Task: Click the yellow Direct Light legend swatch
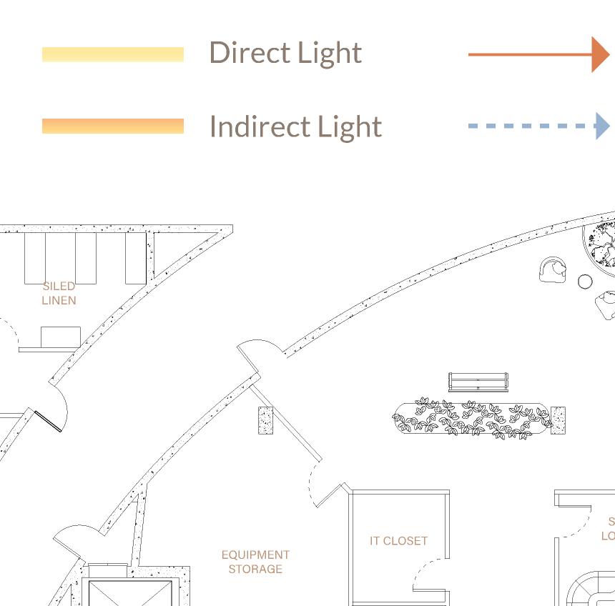(x=113, y=54)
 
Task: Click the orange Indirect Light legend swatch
(x=113, y=126)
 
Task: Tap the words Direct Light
(x=285, y=53)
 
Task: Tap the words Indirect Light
(x=295, y=126)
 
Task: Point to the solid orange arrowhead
(x=600, y=54)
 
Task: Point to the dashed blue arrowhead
(x=602, y=126)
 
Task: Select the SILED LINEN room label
(x=59, y=293)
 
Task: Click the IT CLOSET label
(x=398, y=541)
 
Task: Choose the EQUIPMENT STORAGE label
(x=255, y=562)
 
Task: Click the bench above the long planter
(x=478, y=382)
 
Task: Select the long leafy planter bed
(x=472, y=419)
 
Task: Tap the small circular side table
(x=585, y=282)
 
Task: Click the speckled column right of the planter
(x=559, y=420)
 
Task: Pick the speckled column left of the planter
(x=265, y=420)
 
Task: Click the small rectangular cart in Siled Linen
(x=60, y=337)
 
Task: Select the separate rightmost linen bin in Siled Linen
(x=135, y=258)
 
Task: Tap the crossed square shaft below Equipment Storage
(x=129, y=593)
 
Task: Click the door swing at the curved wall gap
(x=262, y=352)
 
